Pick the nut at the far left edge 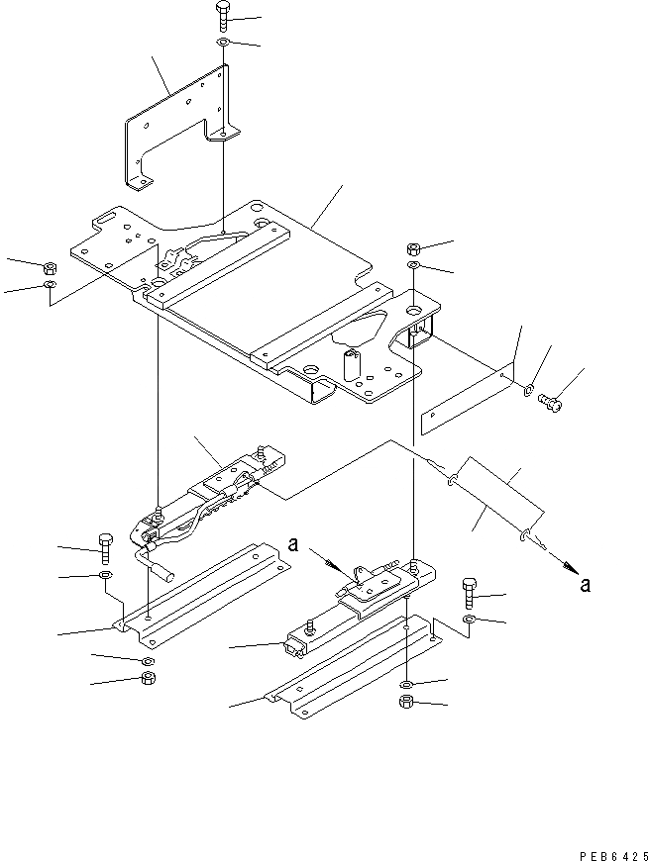point(50,266)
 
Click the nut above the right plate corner point(414,248)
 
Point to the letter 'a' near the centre point(293,543)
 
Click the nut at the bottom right point(407,703)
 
